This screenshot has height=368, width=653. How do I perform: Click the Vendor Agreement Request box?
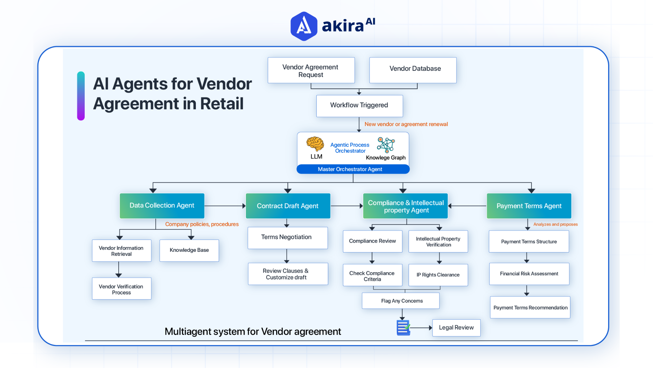311,71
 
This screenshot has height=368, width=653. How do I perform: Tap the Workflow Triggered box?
359,106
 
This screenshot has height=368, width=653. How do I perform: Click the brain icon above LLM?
315,144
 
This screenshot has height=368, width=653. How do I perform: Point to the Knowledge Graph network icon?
386,145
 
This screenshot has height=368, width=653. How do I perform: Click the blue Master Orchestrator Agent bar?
353,169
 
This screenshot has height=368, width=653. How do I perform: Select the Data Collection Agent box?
162,206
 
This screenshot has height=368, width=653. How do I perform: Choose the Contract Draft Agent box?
288,206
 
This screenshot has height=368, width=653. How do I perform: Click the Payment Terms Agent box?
529,206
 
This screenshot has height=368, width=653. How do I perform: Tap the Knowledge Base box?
189,250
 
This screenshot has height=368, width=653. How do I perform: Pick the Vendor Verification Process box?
121,289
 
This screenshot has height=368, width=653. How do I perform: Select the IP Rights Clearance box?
438,275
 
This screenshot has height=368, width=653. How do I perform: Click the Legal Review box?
456,328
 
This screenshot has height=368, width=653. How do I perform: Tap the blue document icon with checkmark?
403,328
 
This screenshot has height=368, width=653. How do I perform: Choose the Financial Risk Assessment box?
529,274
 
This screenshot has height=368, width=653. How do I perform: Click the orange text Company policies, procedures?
202,224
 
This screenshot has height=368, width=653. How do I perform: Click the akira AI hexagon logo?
304,26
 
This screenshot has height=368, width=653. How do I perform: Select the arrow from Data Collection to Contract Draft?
225,206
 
